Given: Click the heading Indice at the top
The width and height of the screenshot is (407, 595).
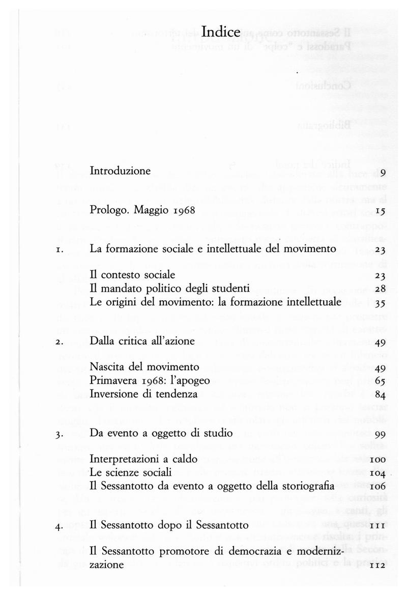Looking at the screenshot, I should pyautogui.click(x=220, y=33).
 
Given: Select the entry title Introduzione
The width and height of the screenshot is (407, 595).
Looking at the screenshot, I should pyautogui.click(x=120, y=171).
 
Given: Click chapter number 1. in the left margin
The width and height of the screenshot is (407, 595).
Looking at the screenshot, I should pyautogui.click(x=60, y=250).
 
